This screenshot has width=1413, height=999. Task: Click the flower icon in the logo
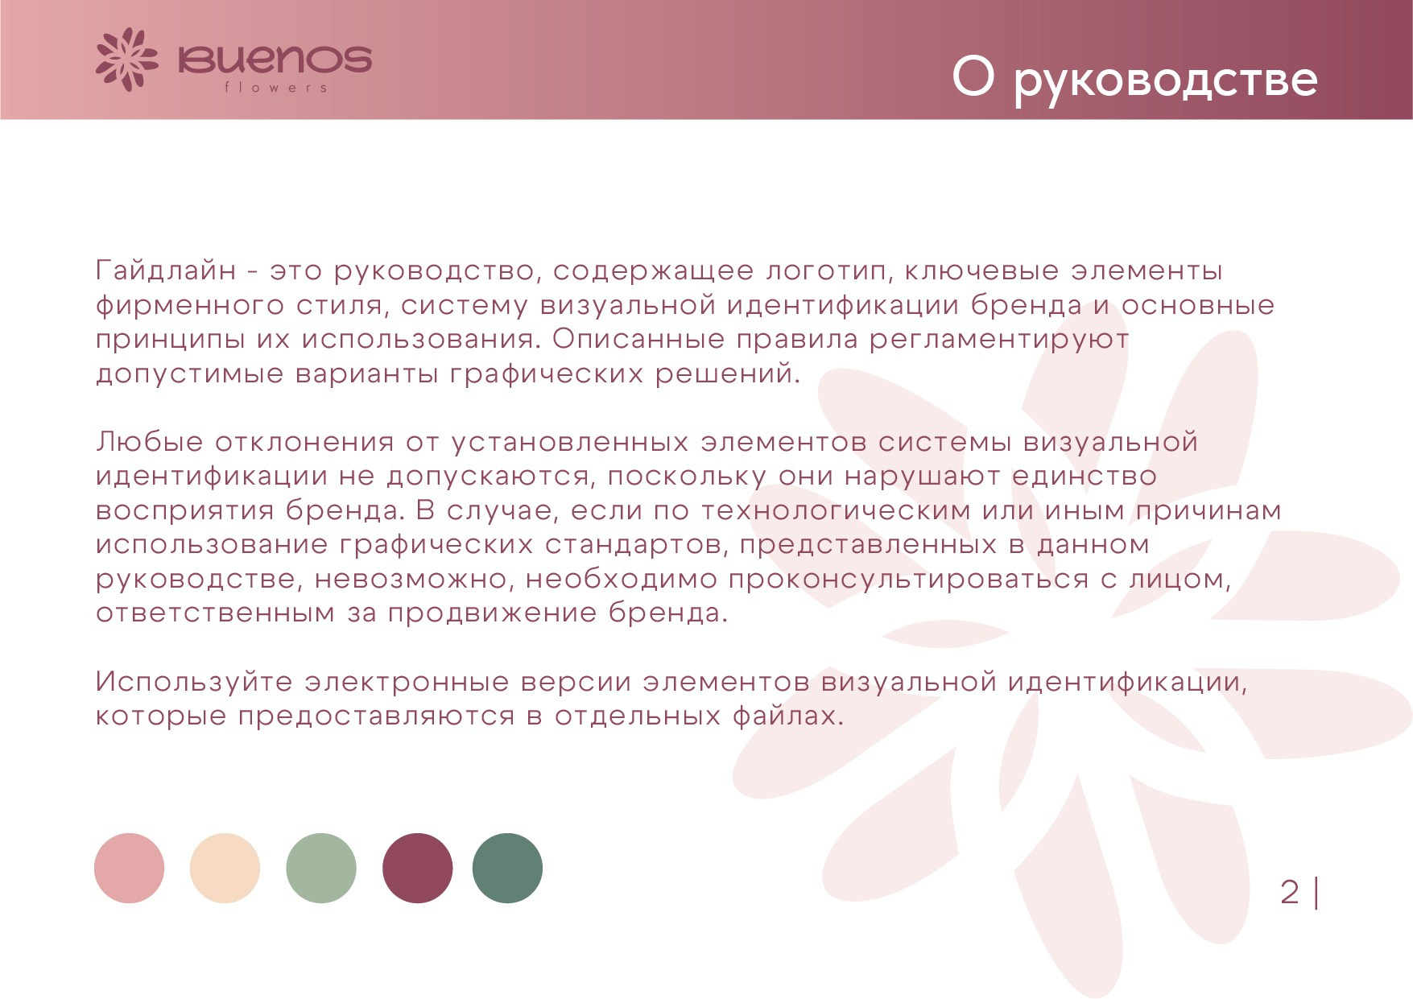point(126,60)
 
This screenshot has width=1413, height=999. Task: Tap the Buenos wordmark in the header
point(275,60)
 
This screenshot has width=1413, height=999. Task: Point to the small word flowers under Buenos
point(276,87)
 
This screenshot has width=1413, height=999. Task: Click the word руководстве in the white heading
point(1165,79)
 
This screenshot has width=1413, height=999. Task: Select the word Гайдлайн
point(166,270)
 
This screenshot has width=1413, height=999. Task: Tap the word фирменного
point(190,307)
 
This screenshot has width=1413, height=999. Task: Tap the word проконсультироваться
point(909,580)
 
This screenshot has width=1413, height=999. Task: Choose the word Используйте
point(194,683)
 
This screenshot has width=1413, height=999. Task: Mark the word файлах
point(788,716)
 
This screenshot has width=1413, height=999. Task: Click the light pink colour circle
point(129,868)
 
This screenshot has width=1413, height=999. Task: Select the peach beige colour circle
point(225,868)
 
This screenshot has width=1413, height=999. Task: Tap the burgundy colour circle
point(417,868)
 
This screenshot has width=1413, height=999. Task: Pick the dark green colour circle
point(507,868)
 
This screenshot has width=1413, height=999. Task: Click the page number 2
point(1290,892)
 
